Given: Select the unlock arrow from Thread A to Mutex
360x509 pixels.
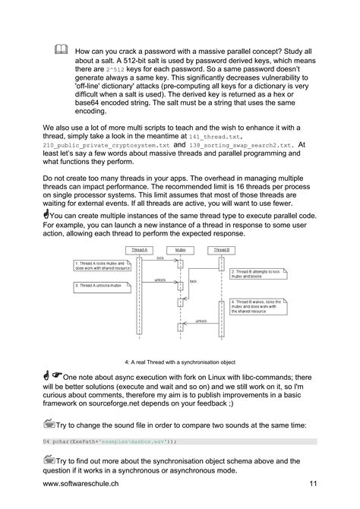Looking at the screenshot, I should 161,280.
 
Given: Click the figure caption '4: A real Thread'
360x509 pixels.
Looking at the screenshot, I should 179,362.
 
